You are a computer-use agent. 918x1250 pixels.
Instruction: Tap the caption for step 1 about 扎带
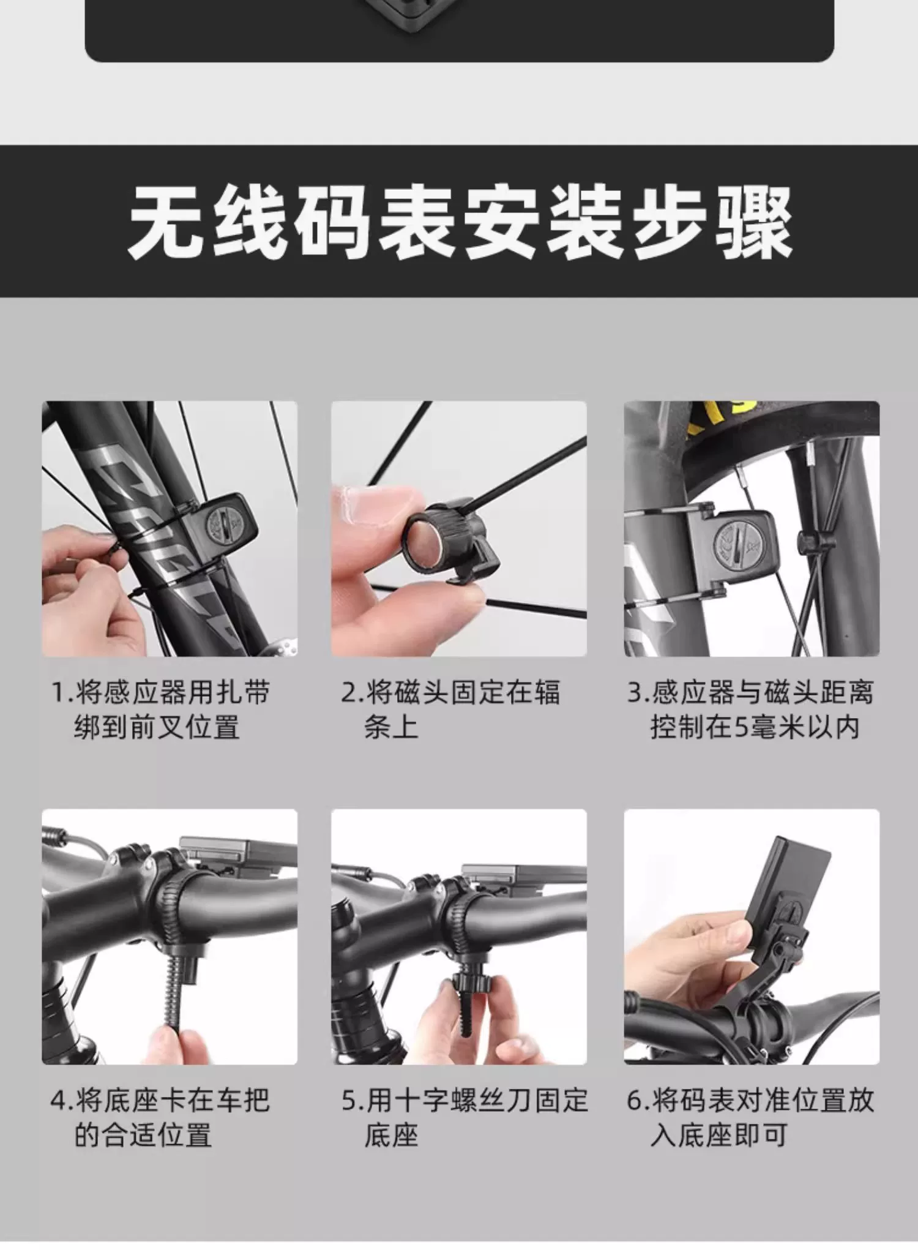[x=160, y=710]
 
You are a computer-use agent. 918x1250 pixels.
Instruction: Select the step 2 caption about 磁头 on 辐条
[x=450, y=710]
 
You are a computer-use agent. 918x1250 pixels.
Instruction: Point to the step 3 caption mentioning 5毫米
[x=750, y=710]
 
